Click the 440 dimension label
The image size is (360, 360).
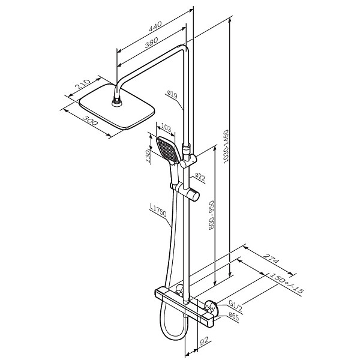155,26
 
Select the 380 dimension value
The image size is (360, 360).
151,43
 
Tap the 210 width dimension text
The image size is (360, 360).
83,84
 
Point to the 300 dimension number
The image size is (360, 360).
90,121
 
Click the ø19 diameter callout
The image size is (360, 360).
172,94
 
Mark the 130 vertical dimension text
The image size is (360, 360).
149,156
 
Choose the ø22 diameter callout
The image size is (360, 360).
200,177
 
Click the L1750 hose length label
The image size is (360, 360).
158,210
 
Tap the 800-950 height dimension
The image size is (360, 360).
211,215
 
